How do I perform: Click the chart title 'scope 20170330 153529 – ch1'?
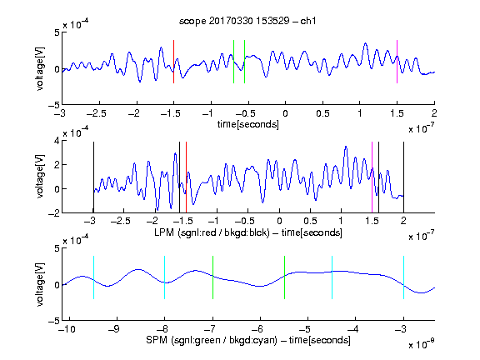tap(247, 21)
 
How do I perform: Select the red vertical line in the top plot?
tap(173, 62)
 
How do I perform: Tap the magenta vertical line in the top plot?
tap(397, 62)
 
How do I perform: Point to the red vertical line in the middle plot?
tap(186, 177)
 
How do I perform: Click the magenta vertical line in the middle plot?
tap(372, 177)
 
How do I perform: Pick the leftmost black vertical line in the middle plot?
tap(93, 177)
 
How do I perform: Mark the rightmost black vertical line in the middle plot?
tap(403, 177)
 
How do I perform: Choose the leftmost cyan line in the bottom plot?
tap(93, 277)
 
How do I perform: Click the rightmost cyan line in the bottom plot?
tap(403, 277)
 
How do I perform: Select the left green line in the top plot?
tap(233, 62)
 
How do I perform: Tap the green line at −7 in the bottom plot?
tap(212, 277)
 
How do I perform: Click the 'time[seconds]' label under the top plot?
tap(248, 124)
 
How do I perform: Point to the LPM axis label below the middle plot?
tap(248, 232)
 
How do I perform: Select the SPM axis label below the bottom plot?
tap(248, 340)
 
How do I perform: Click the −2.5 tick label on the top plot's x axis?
tap(97, 113)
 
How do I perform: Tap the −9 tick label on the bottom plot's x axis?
tap(114, 329)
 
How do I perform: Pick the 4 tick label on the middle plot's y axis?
tap(56, 141)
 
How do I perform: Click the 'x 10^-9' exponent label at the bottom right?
tap(422, 344)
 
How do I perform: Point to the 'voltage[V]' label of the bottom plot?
tap(40, 284)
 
